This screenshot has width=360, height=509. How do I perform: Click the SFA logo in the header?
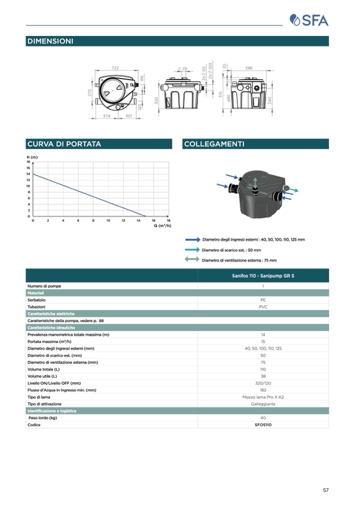(x=309, y=20)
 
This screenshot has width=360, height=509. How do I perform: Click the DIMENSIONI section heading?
(x=50, y=41)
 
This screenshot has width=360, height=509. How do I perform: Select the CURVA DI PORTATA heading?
(x=64, y=144)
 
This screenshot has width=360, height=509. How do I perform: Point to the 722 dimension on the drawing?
(x=115, y=68)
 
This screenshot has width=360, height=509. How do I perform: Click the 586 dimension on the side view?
(x=249, y=68)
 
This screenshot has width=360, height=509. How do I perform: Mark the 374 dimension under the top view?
(x=106, y=115)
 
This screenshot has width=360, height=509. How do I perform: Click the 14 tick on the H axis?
(x=28, y=174)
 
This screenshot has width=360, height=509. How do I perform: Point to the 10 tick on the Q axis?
(x=108, y=220)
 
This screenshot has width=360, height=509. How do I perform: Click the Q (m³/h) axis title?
(x=162, y=226)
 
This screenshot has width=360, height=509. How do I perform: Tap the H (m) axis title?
(x=32, y=158)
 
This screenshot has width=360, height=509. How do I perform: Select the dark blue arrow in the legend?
(x=192, y=240)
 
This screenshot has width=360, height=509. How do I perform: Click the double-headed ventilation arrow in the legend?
(x=192, y=260)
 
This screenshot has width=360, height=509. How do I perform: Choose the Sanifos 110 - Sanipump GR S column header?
(x=263, y=276)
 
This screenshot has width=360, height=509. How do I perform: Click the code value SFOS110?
(x=263, y=425)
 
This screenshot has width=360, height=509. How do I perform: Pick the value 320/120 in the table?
(x=263, y=383)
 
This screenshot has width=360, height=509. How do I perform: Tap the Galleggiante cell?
(x=263, y=404)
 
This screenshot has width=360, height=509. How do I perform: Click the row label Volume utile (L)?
(x=42, y=376)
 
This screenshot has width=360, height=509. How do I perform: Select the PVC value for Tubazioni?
(x=263, y=307)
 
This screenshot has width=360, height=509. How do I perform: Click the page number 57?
(x=325, y=490)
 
